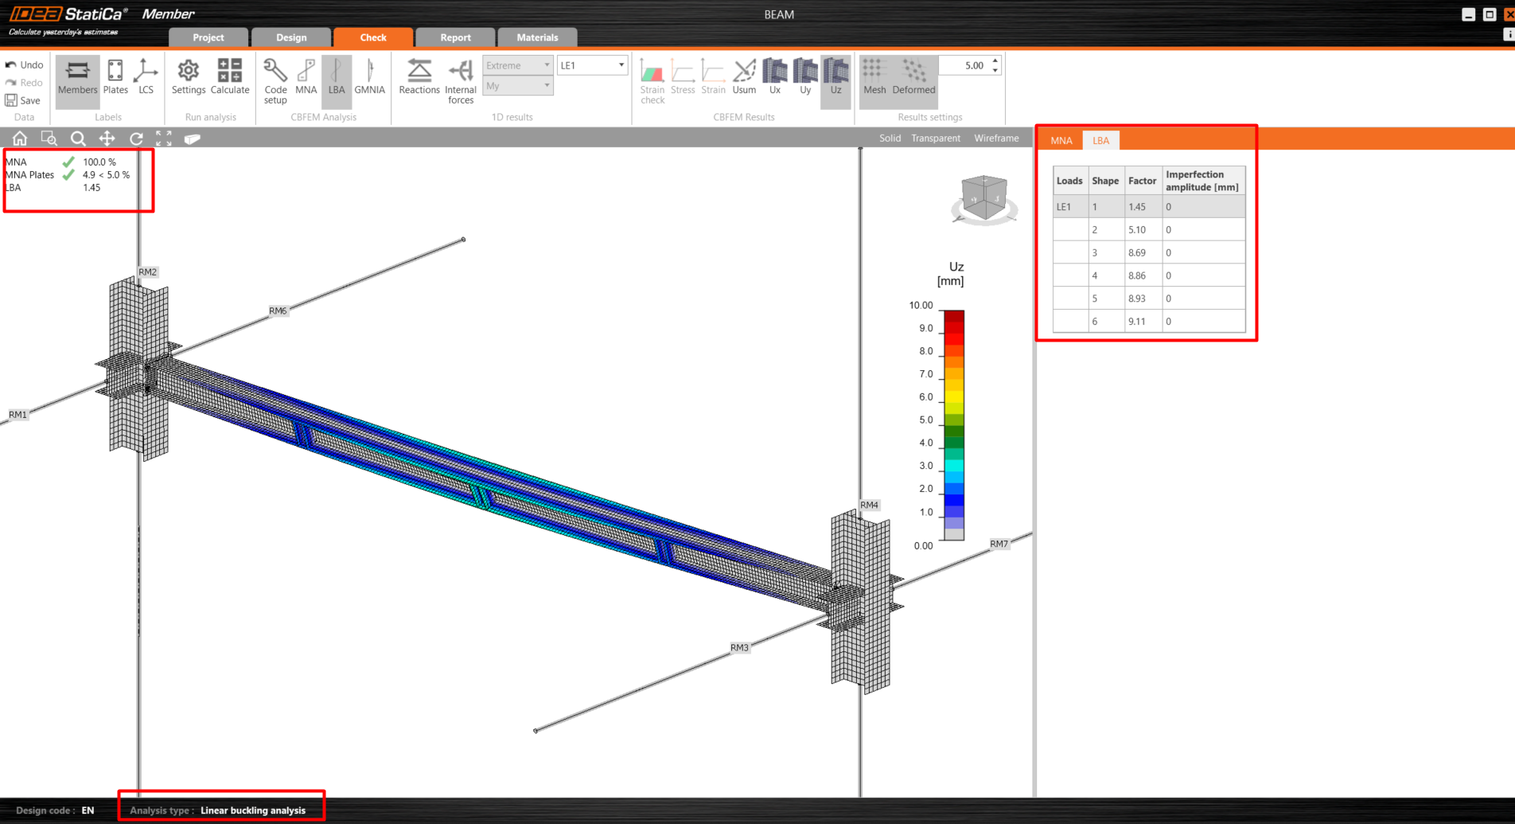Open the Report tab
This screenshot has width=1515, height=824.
455,37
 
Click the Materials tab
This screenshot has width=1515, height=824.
537,37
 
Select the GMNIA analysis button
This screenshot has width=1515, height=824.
369,77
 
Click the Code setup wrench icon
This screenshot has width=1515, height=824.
275,71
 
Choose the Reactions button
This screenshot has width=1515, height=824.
419,77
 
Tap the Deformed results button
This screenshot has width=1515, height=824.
913,77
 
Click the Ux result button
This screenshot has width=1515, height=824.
775,77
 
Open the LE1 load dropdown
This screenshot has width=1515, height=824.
593,65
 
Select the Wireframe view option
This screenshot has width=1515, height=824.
996,139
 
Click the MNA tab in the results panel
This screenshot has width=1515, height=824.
1061,141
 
